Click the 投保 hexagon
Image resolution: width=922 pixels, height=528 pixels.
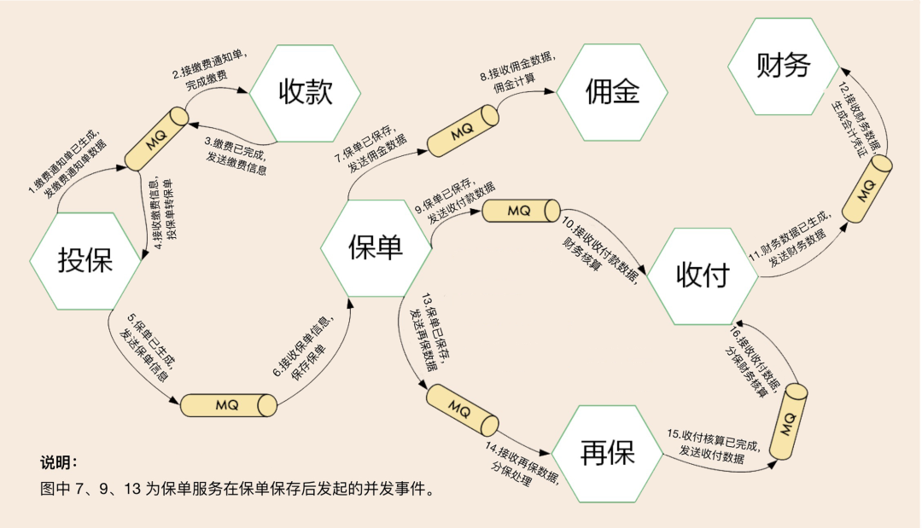[85, 260]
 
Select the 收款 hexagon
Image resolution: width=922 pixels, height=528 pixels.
[305, 93]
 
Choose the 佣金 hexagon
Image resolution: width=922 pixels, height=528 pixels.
[612, 93]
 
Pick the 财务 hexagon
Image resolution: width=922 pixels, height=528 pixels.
[783, 67]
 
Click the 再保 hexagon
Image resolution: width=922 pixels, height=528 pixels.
[607, 452]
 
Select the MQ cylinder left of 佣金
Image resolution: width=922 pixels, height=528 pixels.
[462, 132]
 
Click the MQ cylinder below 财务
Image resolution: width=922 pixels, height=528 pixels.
[867, 189]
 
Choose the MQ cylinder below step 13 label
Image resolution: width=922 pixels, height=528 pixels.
[461, 410]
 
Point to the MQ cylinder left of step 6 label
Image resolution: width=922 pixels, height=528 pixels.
[228, 404]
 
